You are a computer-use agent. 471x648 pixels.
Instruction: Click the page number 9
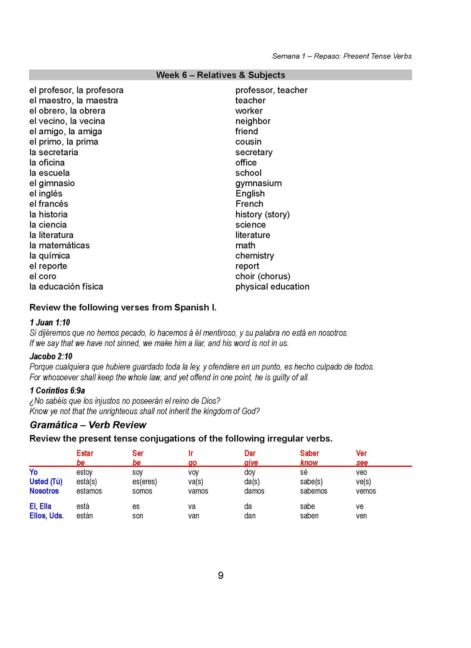click(x=221, y=576)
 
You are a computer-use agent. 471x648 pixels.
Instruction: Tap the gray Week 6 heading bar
click(x=220, y=75)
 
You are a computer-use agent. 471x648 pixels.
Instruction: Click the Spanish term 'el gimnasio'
click(x=52, y=183)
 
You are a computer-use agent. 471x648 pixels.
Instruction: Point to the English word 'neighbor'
click(x=253, y=121)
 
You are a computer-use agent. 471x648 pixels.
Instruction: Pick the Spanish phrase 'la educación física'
click(x=66, y=287)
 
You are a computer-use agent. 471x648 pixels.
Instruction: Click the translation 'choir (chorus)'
click(x=263, y=276)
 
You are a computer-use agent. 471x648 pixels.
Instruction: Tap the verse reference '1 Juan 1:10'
click(x=50, y=323)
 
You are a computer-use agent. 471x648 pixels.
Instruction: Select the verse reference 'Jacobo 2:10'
click(x=51, y=356)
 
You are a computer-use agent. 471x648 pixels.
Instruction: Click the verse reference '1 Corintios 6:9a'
click(x=57, y=390)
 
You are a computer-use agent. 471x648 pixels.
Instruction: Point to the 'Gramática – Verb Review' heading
click(x=88, y=425)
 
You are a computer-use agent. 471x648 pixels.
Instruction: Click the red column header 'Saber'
click(x=309, y=453)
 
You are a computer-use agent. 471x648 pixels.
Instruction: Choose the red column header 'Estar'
click(x=85, y=453)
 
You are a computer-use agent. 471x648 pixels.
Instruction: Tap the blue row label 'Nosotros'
click(x=44, y=491)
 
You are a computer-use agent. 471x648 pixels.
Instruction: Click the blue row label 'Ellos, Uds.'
click(x=47, y=516)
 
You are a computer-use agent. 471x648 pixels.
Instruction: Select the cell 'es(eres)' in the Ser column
click(x=145, y=482)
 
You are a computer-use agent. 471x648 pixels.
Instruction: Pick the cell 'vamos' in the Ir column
click(x=198, y=491)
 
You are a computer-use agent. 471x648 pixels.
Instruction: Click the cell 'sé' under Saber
click(x=304, y=472)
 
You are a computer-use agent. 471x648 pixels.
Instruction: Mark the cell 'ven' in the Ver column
click(x=361, y=516)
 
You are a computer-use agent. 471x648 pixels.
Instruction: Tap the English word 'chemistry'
click(x=255, y=256)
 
